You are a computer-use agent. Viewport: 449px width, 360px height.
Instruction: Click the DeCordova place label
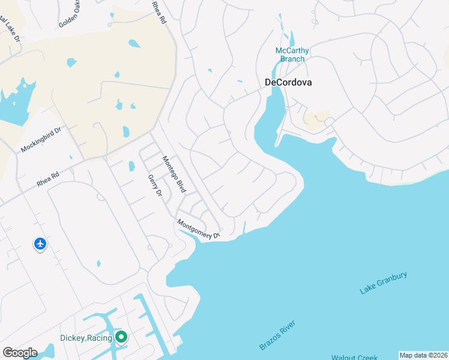point(289,83)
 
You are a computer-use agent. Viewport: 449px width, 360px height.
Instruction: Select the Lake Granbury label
point(384,283)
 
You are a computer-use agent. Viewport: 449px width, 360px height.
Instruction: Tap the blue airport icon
point(40,244)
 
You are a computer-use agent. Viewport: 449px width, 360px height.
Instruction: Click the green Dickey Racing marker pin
point(121,337)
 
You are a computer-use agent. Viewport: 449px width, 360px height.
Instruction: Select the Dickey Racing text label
point(86,338)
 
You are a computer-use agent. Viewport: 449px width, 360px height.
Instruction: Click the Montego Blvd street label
point(174,174)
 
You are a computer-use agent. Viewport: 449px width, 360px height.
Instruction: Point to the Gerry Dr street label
point(155,185)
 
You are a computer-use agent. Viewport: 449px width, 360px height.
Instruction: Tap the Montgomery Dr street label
point(199,230)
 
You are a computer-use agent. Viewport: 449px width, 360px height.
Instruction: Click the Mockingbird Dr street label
point(41,139)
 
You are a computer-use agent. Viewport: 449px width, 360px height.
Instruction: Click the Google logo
point(20,353)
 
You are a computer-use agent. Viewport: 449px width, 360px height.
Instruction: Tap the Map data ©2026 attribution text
point(423,355)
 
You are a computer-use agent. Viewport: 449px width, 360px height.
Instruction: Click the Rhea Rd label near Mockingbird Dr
point(47,179)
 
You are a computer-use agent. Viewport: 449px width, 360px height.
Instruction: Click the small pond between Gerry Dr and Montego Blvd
point(131,166)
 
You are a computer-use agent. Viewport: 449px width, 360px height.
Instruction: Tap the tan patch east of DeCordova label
point(317,118)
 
